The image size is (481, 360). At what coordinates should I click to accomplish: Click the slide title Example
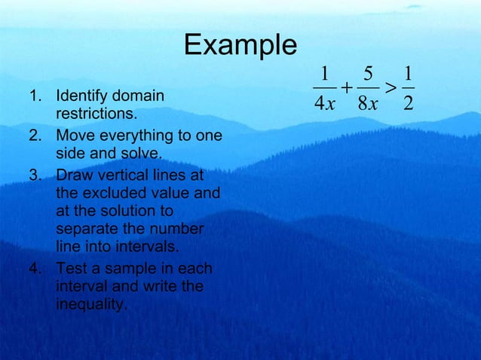240,46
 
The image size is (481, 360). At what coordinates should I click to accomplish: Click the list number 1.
34,97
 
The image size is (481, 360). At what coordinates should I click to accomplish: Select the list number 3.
34,176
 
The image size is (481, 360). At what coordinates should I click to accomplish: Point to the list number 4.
34,269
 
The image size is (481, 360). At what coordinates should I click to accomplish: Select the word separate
84,229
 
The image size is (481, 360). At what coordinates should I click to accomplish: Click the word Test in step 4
71,269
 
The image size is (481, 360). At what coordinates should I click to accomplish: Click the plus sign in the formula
345,87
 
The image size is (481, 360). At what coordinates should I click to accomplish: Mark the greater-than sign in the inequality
389,87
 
